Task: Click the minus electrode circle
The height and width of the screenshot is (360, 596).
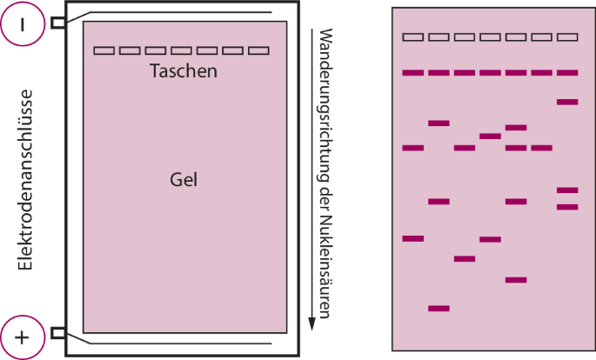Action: pyautogui.click(x=24, y=24)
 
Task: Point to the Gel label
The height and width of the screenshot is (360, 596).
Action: pyautogui.click(x=183, y=180)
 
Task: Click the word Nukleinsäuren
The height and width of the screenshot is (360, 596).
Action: pyautogui.click(x=324, y=275)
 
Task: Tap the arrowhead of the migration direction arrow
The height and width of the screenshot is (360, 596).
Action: pyautogui.click(x=311, y=326)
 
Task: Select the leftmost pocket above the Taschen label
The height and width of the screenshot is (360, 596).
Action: pyautogui.click(x=104, y=50)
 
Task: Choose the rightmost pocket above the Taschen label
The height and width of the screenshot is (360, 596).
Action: pyautogui.click(x=258, y=50)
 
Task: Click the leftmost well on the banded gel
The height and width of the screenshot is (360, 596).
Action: pyautogui.click(x=413, y=37)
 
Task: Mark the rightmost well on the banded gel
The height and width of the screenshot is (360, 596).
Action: pyautogui.click(x=567, y=37)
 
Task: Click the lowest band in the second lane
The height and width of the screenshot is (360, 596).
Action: pyautogui.click(x=439, y=308)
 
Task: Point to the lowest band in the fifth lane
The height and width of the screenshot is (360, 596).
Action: pyautogui.click(x=516, y=280)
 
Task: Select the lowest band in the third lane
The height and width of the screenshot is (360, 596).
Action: pyautogui.click(x=465, y=258)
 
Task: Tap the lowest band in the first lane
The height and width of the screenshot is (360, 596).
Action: pyautogui.click(x=413, y=238)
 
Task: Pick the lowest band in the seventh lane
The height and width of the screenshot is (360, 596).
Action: pyautogui.click(x=567, y=207)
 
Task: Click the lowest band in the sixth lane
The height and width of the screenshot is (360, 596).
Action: pyautogui.click(x=541, y=148)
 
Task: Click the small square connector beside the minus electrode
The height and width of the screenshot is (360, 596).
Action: pyautogui.click(x=57, y=23)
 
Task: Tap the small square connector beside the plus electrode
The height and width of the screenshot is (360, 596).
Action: pyautogui.click(x=57, y=333)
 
